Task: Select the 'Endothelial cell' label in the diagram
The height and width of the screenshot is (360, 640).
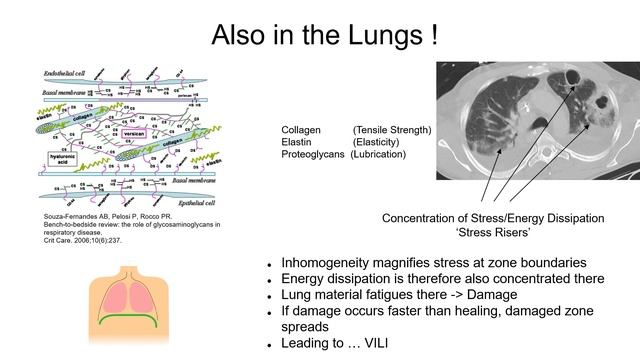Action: (70, 76)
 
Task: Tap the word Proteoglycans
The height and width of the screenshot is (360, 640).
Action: (315, 156)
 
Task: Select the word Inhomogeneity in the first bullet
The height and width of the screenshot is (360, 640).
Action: (318, 262)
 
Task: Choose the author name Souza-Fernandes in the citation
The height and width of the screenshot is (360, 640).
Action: (71, 216)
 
